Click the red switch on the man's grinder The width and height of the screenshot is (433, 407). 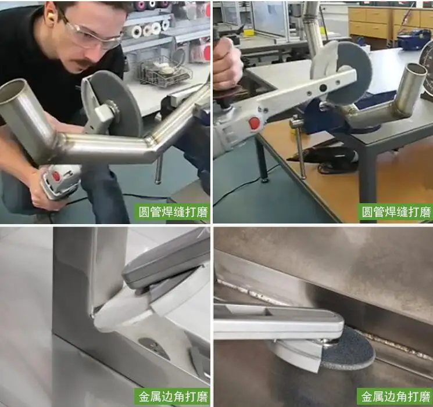point(56,176)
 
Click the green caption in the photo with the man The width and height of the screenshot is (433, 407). point(173,212)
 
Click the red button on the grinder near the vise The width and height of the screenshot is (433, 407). point(254,123)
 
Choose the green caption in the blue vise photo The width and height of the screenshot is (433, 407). point(395,212)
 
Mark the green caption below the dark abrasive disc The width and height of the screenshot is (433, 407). point(395,397)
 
